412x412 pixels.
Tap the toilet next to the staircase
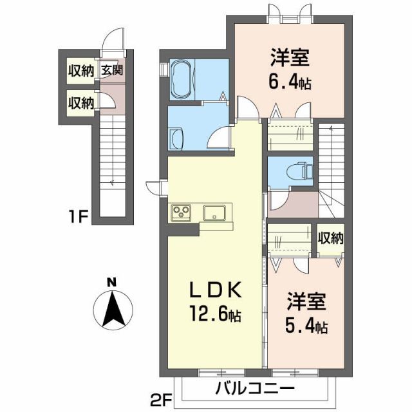(302, 171)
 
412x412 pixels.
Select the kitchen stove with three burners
(182, 212)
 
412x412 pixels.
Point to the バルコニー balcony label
(254, 388)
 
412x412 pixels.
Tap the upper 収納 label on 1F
(82, 71)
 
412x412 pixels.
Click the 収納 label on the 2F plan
(330, 238)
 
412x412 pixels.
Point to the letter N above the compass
(111, 282)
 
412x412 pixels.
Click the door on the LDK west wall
(154, 187)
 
